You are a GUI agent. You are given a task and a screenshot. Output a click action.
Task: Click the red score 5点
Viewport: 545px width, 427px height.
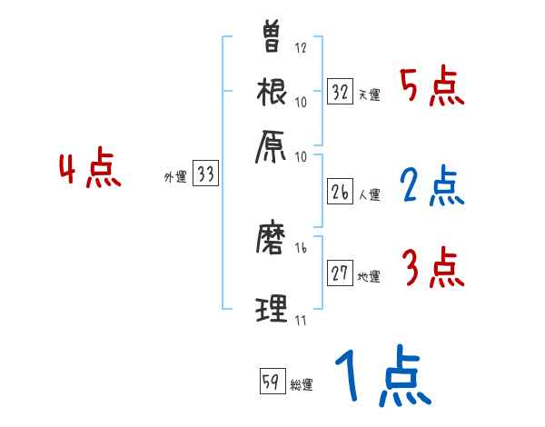pos(431,88)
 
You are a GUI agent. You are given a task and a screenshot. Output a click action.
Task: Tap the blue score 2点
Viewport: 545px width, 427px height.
pos(431,186)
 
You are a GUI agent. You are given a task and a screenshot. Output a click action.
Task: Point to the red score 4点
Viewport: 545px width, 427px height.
pos(90,170)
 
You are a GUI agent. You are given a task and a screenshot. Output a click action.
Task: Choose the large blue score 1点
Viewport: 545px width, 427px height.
pos(381,377)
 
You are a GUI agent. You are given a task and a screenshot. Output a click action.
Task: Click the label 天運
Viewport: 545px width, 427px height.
pos(369,95)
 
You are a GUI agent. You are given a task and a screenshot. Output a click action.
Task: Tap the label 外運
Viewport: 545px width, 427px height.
pos(174,178)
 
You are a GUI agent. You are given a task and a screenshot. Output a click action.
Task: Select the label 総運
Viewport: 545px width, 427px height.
pos(302,385)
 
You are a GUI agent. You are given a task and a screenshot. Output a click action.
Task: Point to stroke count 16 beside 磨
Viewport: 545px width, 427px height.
pos(302,246)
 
